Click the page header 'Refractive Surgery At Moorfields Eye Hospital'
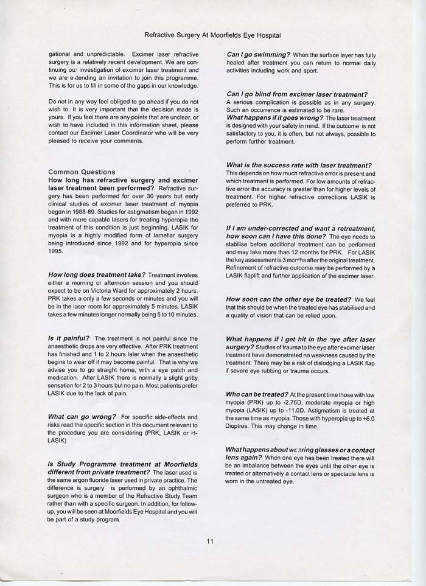[x=213, y=36]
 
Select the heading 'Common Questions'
[x=82, y=172]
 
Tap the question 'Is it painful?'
[x=69, y=338]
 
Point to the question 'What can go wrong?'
[x=83, y=417]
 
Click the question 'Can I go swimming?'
[x=258, y=55]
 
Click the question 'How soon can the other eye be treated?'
[x=288, y=299]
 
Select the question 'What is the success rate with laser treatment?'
[x=299, y=166]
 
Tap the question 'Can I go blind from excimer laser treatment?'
[x=296, y=94]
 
